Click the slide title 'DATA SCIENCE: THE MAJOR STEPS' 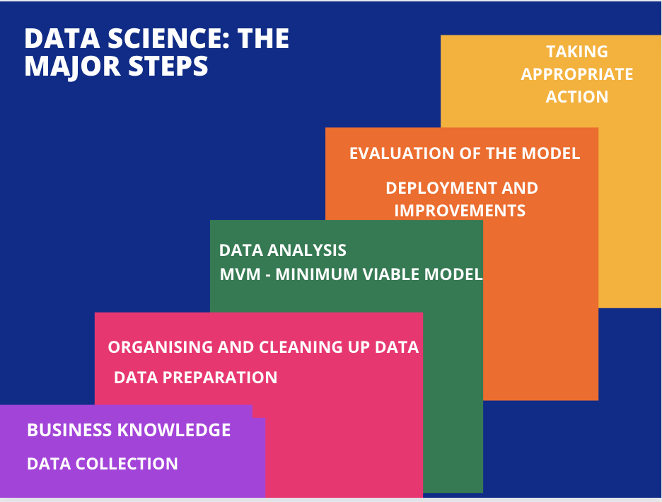pos(156,52)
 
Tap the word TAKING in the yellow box pos(577,52)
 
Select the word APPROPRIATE pos(577,74)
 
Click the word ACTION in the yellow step pos(577,97)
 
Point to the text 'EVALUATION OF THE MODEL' pos(465,153)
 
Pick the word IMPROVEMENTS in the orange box pos(460,211)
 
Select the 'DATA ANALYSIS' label pos(283,250)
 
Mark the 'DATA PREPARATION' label pos(195,378)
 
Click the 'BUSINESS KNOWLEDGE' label pos(129,430)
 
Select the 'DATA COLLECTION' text pos(103,464)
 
